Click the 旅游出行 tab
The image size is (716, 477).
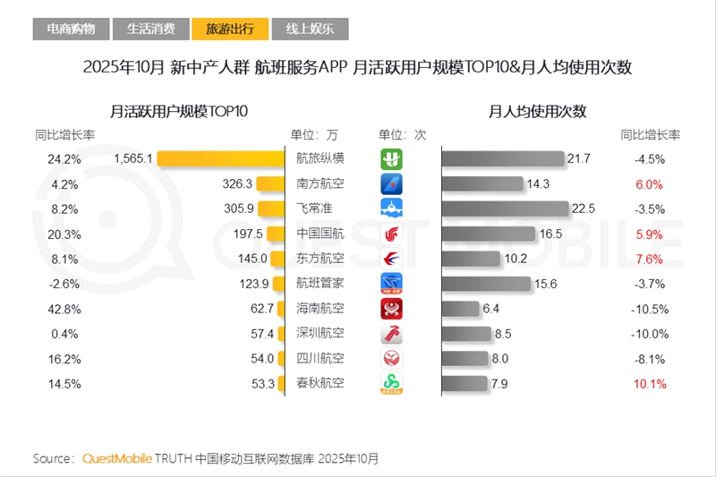tap(229, 29)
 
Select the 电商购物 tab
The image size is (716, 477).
tap(71, 29)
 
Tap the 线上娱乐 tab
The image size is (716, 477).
tap(310, 29)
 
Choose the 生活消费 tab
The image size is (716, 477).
tap(150, 29)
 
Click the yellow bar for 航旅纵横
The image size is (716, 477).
tap(220, 158)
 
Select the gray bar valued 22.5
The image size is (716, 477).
tap(506, 209)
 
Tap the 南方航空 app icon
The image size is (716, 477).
tap(392, 183)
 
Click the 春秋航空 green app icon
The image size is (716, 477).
tap(392, 383)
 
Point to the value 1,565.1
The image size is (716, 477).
tap(134, 158)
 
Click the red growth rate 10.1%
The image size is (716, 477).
tap(649, 383)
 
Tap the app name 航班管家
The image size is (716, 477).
tap(320, 284)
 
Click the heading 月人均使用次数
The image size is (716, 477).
tap(537, 112)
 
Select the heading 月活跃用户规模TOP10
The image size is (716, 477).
tap(179, 112)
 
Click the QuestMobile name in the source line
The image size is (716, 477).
tap(116, 458)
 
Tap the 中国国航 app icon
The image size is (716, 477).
tap(392, 234)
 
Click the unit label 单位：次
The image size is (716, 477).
tap(403, 135)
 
